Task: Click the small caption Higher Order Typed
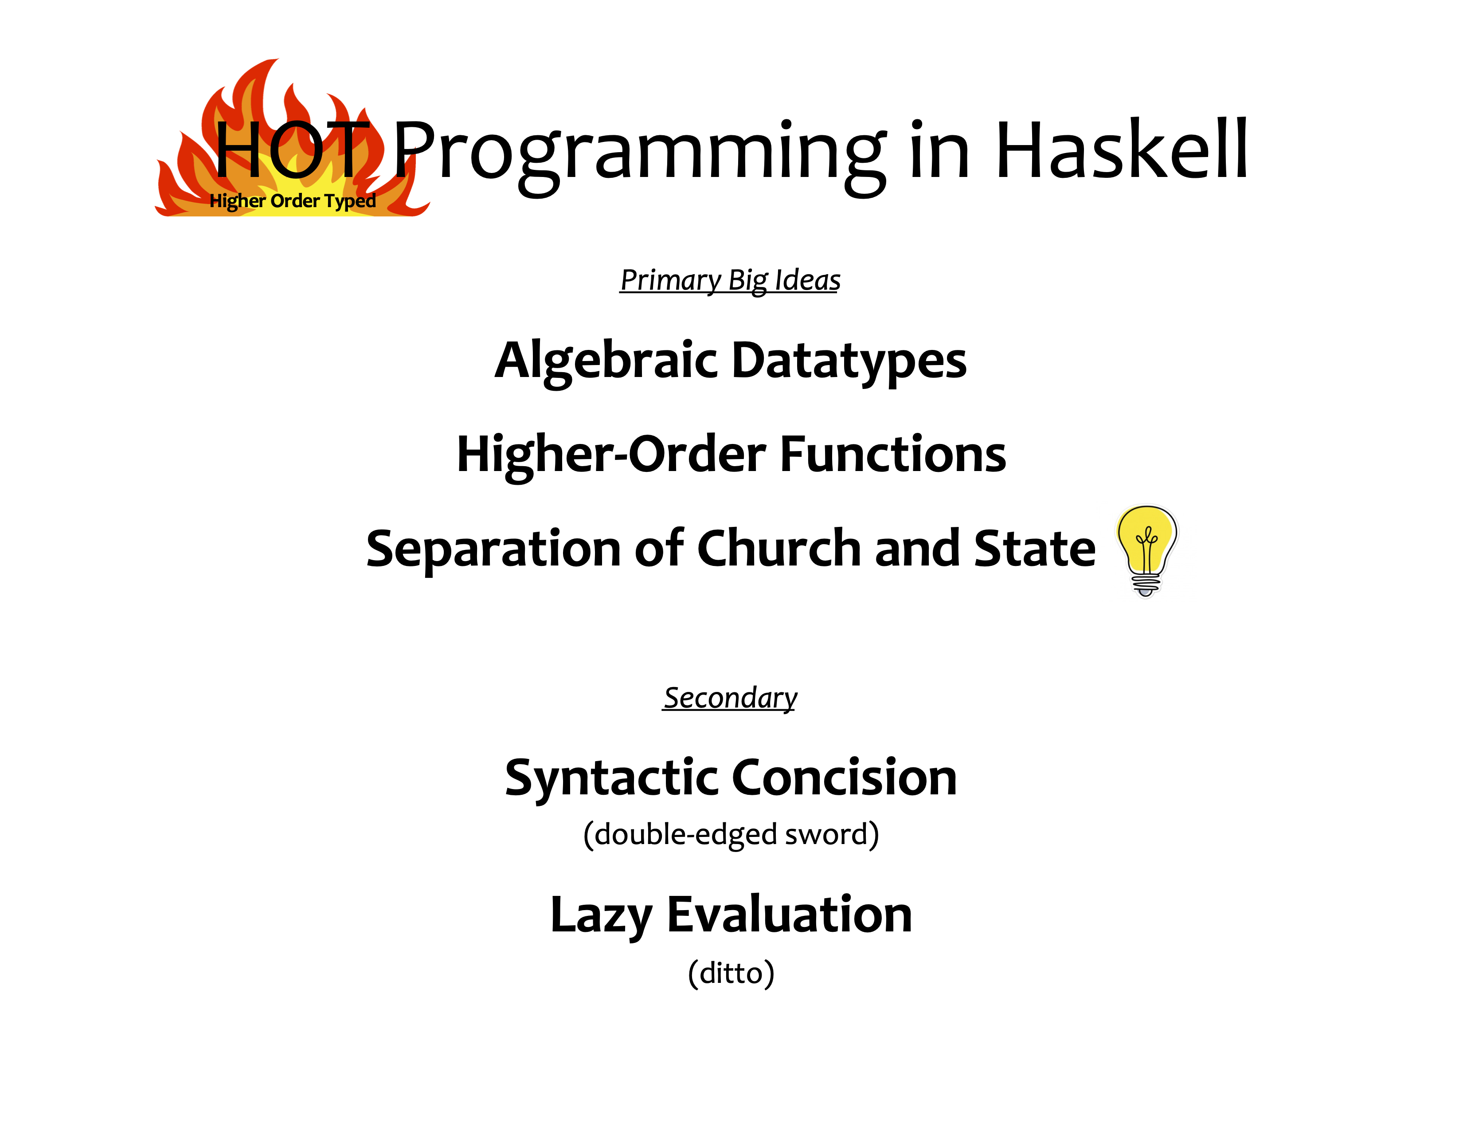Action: click(x=293, y=201)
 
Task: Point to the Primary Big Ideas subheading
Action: click(x=730, y=280)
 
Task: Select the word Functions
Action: click(x=893, y=454)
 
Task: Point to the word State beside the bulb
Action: click(x=1034, y=549)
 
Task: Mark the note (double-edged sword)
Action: click(x=731, y=835)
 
